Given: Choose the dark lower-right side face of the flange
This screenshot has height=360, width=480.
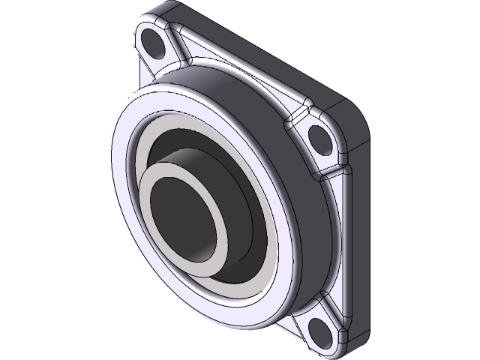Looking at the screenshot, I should click(x=360, y=247).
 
